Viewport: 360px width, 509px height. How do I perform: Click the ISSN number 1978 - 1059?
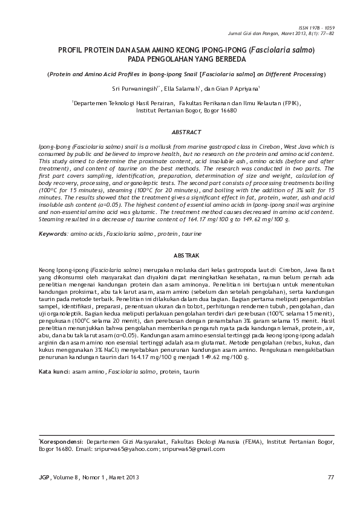click(324, 28)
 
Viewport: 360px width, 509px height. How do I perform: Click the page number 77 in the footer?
click(330, 478)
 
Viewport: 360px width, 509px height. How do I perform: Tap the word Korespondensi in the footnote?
click(62, 443)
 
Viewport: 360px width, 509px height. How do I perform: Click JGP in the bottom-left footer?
click(43, 478)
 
